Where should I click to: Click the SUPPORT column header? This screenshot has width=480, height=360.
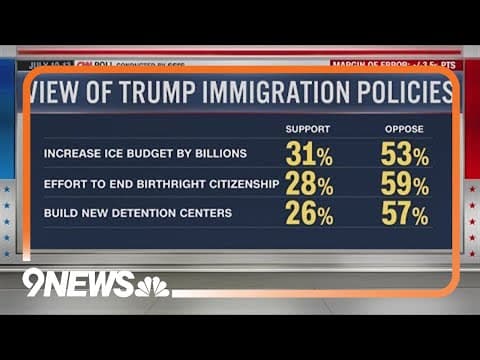[x=308, y=130]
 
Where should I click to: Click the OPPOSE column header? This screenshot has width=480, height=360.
[x=405, y=130]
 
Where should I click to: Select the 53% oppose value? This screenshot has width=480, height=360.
[x=405, y=155]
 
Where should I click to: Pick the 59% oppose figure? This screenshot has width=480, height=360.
[x=405, y=185]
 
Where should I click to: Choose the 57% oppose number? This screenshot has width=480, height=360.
[x=405, y=215]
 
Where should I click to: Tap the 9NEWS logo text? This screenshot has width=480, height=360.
[x=78, y=283]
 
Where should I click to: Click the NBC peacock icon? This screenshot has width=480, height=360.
[x=152, y=286]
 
